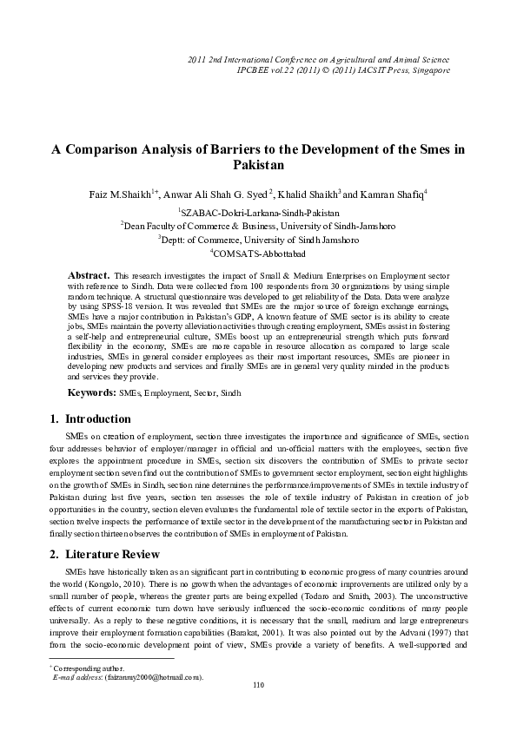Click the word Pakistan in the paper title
click(258, 164)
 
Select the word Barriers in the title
click(252, 148)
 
